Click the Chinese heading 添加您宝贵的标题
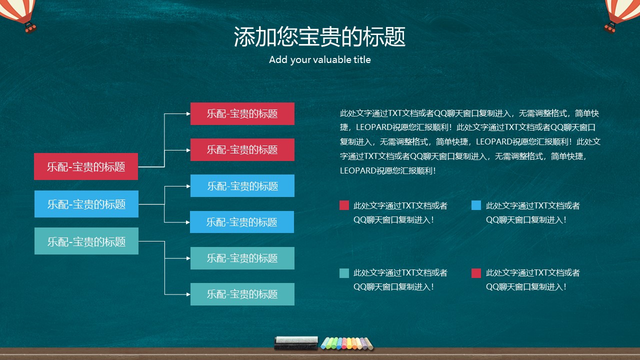pos(319,36)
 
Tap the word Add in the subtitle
pos(278,60)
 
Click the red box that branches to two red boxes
pos(86,166)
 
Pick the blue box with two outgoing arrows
pos(86,204)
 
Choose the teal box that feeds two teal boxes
pos(86,241)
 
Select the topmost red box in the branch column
pos(242,113)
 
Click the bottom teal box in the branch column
pos(242,294)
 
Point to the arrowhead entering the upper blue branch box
pos(188,186)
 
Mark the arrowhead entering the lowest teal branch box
pos(188,294)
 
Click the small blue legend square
pos(476,205)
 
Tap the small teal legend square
pos(344,273)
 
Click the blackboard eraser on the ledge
pos(296,342)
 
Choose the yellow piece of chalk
pos(348,343)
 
